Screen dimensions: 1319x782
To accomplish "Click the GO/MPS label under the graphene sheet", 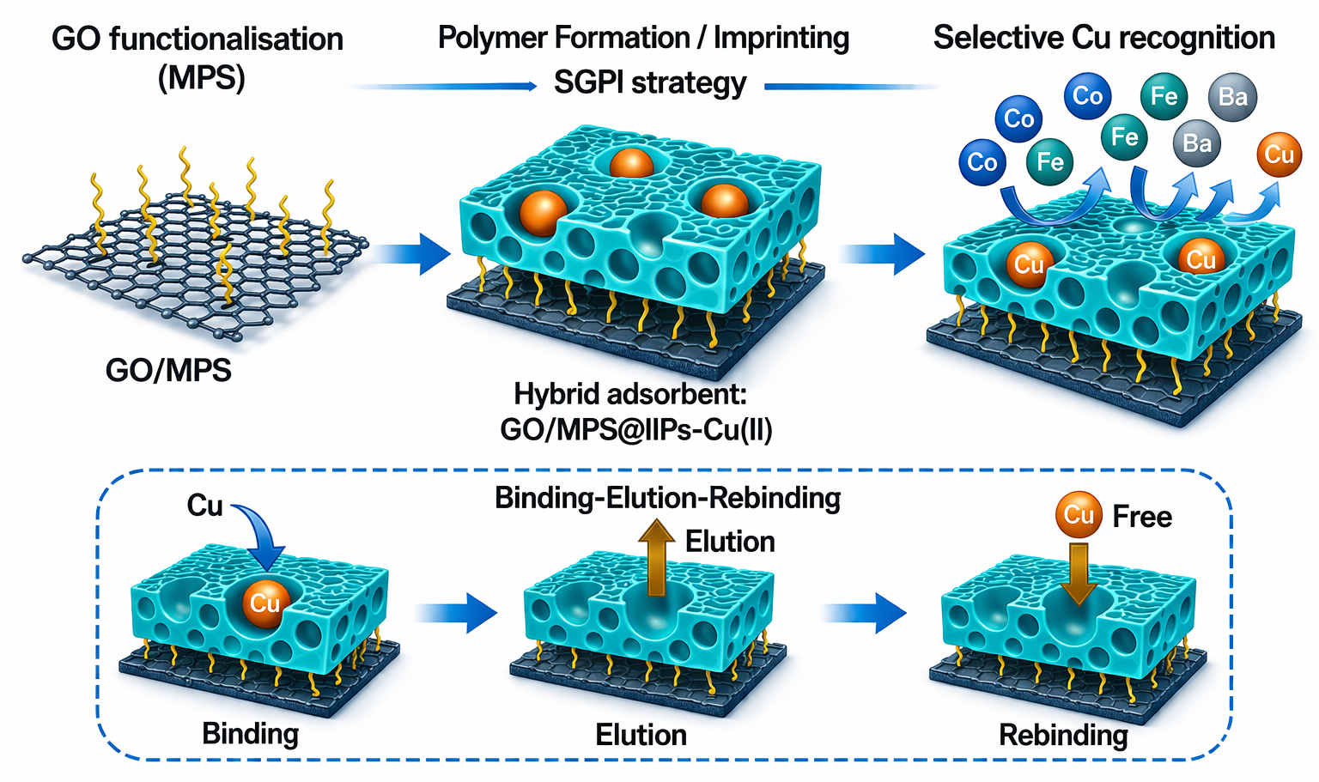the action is [x=168, y=371].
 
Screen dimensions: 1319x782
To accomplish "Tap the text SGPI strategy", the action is [x=650, y=82].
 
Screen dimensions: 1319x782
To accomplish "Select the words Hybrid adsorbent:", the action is [x=630, y=394].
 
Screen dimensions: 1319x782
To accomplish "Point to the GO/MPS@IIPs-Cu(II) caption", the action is [x=636, y=430].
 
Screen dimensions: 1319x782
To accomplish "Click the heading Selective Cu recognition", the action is [x=1104, y=38].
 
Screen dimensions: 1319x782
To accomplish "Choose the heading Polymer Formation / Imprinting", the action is [x=643, y=39].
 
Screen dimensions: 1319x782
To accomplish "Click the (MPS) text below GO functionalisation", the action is [x=202, y=77].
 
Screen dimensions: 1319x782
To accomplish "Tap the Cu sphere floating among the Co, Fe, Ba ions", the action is [x=1279, y=155].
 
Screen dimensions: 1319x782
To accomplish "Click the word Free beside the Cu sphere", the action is [x=1142, y=517].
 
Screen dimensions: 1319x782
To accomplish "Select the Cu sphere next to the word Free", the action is [x=1079, y=515].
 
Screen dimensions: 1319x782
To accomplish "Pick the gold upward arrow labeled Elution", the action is [x=657, y=558].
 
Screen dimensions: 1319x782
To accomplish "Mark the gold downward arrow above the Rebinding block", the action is [x=1079, y=573].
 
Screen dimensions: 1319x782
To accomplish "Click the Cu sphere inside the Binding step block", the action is [x=265, y=603].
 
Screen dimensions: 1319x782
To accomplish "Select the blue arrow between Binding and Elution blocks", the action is [x=456, y=613].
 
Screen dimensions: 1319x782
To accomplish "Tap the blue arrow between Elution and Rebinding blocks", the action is [x=863, y=613].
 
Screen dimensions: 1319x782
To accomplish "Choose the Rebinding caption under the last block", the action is [x=1063, y=735].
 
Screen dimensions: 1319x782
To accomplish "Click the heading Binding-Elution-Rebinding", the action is [x=668, y=498].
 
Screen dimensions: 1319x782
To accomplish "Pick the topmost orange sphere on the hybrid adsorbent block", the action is [x=631, y=163].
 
